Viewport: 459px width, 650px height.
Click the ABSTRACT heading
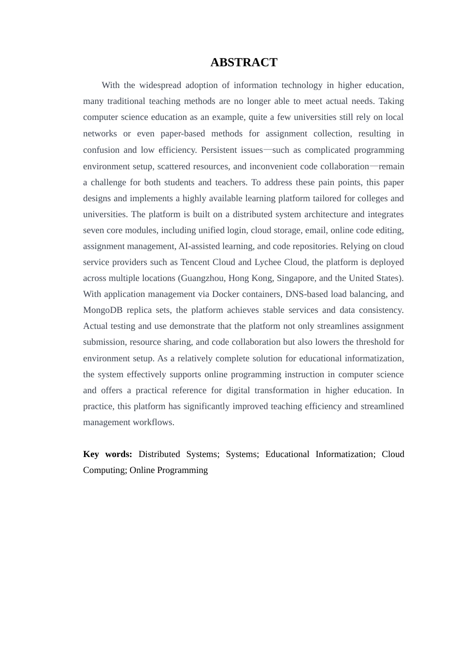[244, 62]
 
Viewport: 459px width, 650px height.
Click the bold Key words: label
[107, 454]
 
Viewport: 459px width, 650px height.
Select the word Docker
[226, 294]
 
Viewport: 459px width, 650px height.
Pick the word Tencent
[196, 262]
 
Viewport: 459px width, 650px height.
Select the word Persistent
[218, 150]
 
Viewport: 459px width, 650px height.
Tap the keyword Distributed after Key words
[159, 454]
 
